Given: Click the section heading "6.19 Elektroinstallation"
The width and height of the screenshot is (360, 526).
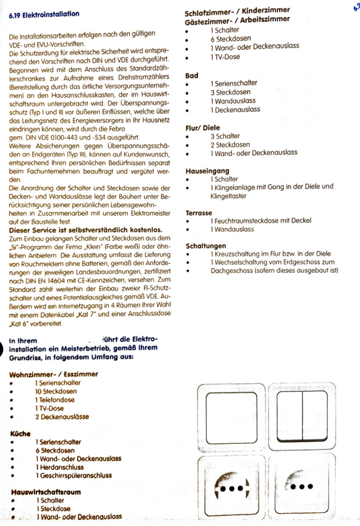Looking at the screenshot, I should pyautogui.click(x=44, y=14).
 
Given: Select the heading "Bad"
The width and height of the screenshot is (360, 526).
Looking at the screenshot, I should pyautogui.click(x=192, y=75).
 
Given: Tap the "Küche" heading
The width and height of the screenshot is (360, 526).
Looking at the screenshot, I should pyautogui.click(x=20, y=434).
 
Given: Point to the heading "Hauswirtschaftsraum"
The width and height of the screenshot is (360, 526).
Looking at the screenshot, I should pyautogui.click(x=46, y=492).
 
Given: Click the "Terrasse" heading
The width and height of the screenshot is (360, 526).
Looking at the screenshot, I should pyautogui.click(x=199, y=212).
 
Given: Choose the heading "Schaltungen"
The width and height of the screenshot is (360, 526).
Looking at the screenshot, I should pyautogui.click(x=206, y=246).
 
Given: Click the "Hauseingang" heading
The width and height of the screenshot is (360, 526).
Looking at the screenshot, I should pyautogui.click(x=207, y=171).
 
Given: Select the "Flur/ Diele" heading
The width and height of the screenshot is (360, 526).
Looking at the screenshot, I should pyautogui.click(x=203, y=128).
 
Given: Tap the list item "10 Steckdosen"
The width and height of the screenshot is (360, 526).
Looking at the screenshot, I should pyautogui.click(x=56, y=391).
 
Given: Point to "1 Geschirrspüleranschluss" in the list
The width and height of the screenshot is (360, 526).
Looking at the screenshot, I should pyautogui.click(x=73, y=475).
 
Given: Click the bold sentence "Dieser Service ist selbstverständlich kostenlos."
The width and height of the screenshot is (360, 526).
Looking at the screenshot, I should pyautogui.click(x=85, y=230).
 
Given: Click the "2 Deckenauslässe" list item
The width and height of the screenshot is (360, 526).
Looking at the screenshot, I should pyautogui.click(x=62, y=416).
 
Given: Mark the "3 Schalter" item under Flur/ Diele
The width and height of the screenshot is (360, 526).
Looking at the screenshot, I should pyautogui.click(x=225, y=136).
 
